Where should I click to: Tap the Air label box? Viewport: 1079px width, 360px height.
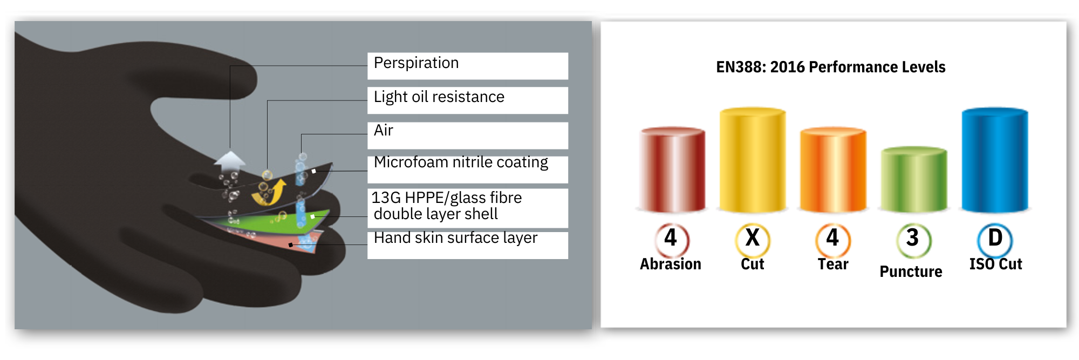coord(468,135)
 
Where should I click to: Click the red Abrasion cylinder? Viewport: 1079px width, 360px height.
coord(672,169)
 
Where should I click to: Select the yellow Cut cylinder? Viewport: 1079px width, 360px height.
coord(753,160)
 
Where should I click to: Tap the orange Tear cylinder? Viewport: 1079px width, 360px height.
coord(833,169)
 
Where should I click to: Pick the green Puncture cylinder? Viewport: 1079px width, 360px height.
coord(914,179)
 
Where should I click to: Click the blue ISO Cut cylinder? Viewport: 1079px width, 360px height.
coord(995,160)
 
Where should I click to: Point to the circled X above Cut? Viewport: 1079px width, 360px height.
coord(753,239)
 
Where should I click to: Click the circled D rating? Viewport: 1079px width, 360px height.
coord(995,239)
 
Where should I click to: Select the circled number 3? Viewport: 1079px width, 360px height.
coord(913,239)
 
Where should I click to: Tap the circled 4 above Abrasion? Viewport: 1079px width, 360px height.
coord(672,239)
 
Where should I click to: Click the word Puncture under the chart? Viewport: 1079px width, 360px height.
coord(911,271)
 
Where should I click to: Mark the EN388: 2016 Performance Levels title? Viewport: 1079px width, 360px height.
coord(831,67)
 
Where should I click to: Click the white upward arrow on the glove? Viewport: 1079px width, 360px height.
coord(230,161)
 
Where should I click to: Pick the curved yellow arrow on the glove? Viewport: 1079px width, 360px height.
coord(270,193)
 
